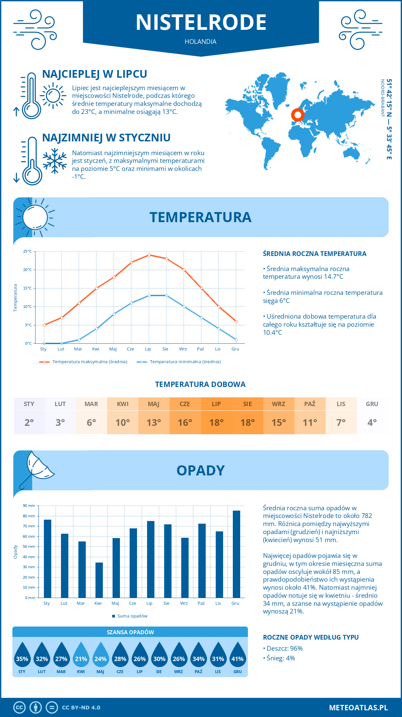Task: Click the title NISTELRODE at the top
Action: point(201,22)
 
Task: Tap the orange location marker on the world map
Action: point(297,115)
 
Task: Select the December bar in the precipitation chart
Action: point(236,554)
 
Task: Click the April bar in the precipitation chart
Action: point(99,580)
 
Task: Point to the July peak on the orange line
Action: point(149,255)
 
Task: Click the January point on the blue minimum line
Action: point(44,343)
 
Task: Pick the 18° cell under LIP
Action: point(216,422)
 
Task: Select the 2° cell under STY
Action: point(29,422)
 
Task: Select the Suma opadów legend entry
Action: point(132,616)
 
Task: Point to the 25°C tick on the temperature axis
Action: point(27,251)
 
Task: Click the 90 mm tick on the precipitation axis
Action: point(29,506)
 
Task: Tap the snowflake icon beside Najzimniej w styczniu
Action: point(55,161)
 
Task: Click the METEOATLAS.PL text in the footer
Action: point(358,708)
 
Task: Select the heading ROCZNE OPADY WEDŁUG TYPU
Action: point(311,637)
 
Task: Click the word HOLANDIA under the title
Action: point(200,42)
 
